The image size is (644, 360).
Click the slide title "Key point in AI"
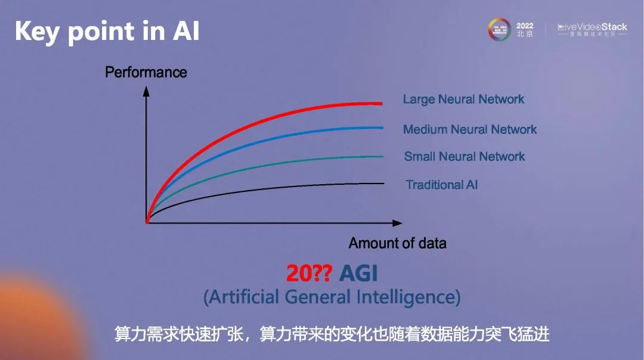(x=107, y=31)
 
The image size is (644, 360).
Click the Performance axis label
(x=146, y=73)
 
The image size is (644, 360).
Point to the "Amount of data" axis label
(x=397, y=243)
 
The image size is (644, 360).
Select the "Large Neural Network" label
(x=463, y=100)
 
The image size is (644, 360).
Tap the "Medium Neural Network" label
(x=470, y=129)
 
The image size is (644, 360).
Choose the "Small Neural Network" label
(x=465, y=157)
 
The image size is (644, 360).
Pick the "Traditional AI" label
(x=442, y=185)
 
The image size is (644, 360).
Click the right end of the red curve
(x=380, y=104)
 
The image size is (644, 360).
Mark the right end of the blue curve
(x=382, y=128)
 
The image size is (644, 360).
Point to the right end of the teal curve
(x=382, y=157)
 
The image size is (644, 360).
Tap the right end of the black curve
(x=383, y=183)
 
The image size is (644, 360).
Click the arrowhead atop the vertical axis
(x=146, y=92)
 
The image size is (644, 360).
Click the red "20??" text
(x=309, y=274)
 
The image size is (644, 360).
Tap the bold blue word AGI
(x=359, y=274)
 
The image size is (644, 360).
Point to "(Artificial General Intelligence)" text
(x=332, y=296)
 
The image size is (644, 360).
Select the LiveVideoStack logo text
(x=592, y=27)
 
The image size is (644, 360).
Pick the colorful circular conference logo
(x=500, y=29)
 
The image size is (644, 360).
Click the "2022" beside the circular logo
(x=525, y=26)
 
